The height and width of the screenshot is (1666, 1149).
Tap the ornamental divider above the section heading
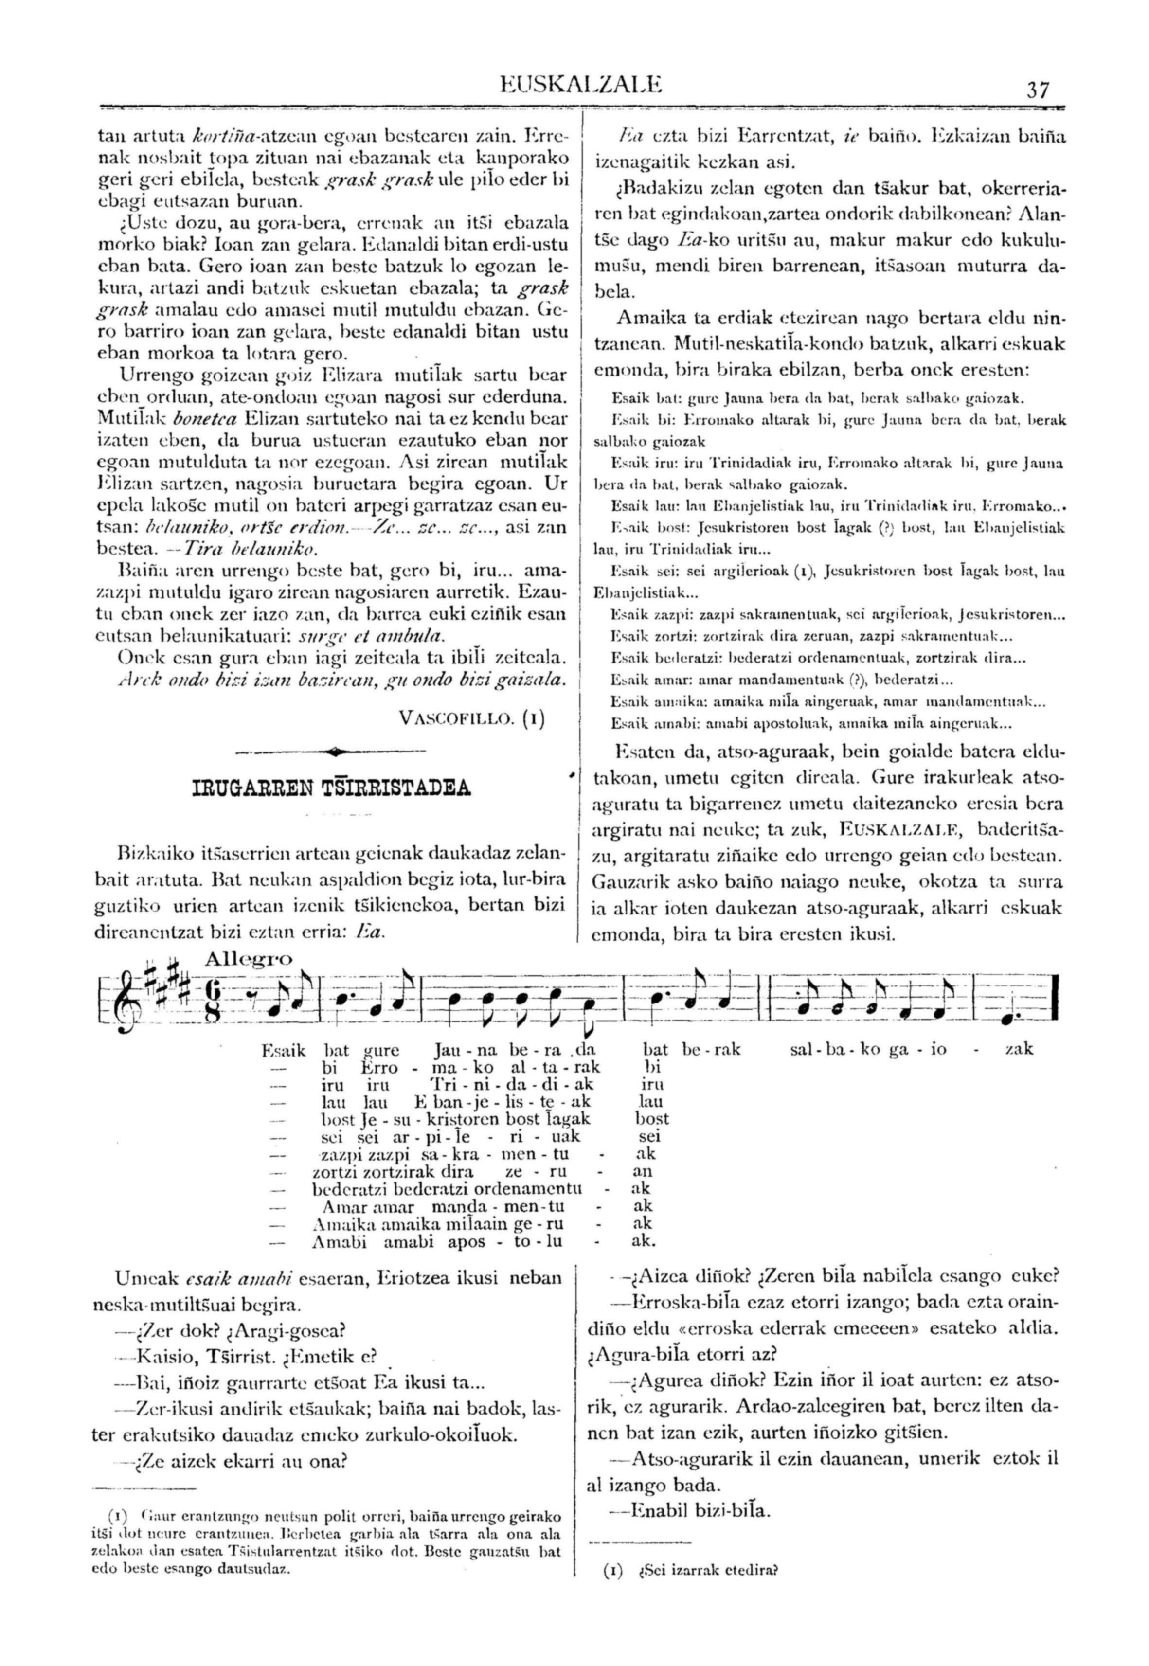(332, 752)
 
